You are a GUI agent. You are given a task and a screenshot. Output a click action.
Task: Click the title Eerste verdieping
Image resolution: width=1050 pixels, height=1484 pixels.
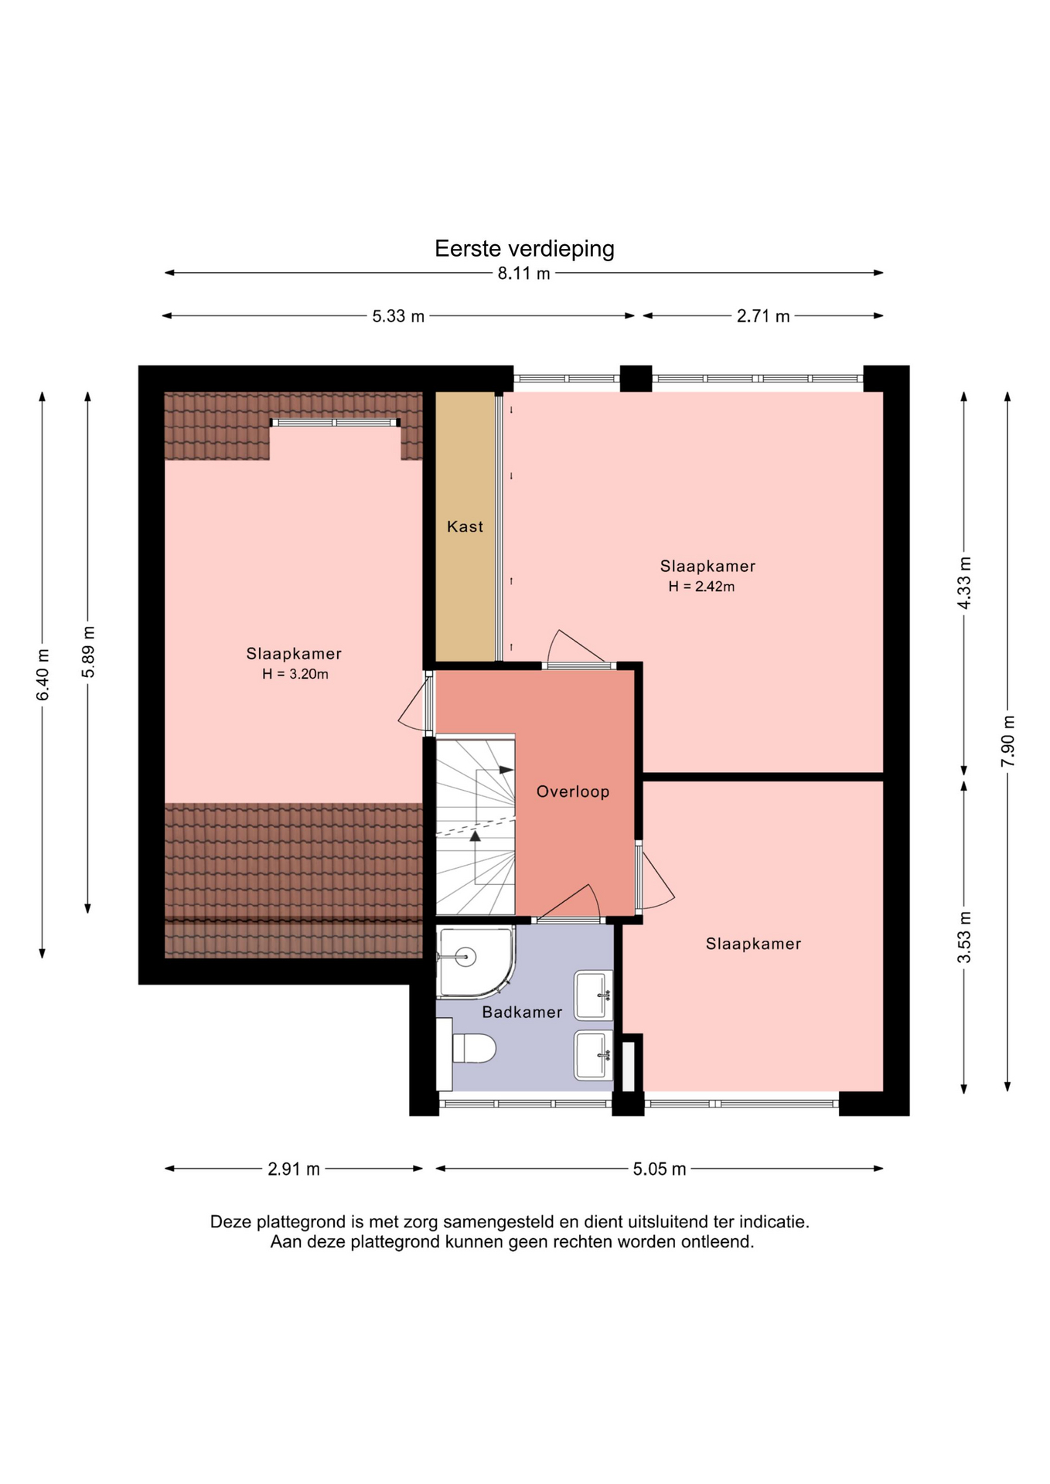(x=524, y=249)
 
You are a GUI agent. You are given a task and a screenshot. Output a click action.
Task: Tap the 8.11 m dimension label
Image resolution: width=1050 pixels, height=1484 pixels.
(x=524, y=273)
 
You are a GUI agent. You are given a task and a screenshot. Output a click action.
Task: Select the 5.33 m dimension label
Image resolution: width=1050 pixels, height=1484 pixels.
(x=398, y=316)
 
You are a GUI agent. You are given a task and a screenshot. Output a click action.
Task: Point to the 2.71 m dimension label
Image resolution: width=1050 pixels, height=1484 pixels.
(x=763, y=316)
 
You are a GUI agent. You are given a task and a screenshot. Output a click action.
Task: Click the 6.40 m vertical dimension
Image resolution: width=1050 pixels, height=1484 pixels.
(x=43, y=675)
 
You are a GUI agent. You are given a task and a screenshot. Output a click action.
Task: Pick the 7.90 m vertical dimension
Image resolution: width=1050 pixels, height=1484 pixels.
(x=1008, y=740)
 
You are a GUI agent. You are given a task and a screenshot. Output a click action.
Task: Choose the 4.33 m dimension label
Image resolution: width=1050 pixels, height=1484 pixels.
(x=964, y=583)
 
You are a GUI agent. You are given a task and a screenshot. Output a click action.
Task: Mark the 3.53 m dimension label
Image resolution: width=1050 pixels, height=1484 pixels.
(x=964, y=937)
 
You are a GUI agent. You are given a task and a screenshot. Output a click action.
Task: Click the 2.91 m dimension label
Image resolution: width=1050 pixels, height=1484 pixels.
(x=294, y=1169)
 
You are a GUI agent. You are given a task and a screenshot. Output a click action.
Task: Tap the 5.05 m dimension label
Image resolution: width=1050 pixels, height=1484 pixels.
(x=660, y=1169)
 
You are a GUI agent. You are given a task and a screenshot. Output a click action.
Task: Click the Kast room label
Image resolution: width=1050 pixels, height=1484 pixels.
(x=465, y=526)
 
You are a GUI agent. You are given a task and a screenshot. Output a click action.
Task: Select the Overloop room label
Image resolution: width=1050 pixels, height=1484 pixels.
(x=573, y=791)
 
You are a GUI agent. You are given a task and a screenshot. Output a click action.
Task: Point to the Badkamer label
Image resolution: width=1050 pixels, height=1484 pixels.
(x=522, y=1013)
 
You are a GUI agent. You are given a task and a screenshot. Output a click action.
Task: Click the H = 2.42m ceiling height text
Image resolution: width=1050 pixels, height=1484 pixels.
(x=701, y=587)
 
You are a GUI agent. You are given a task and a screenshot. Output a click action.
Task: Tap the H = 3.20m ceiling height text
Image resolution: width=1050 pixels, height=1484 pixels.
(x=295, y=674)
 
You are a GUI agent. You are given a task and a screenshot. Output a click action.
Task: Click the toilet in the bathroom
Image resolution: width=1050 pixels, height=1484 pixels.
(x=467, y=1049)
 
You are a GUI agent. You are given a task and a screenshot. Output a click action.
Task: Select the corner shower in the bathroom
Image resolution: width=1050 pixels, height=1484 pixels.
(x=474, y=961)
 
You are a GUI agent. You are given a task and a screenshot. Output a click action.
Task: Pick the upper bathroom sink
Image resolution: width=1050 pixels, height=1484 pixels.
(x=593, y=996)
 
